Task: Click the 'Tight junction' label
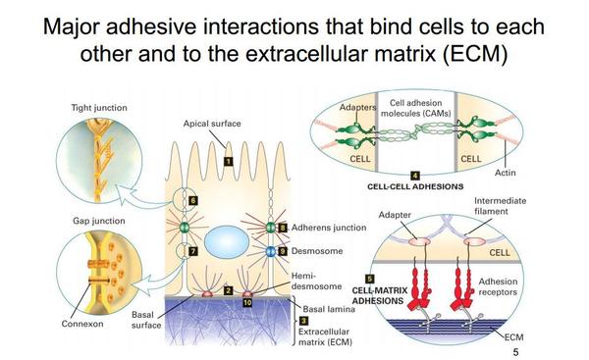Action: (99, 108)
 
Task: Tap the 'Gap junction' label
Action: (99, 221)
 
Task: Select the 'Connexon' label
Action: (82, 324)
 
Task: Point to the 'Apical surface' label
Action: (212, 124)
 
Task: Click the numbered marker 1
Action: (228, 162)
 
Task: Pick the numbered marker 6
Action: (192, 200)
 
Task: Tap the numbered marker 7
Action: (192, 251)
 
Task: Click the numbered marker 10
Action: (247, 302)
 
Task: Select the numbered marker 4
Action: (414, 176)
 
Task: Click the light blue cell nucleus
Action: (227, 241)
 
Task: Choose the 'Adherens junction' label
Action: (329, 228)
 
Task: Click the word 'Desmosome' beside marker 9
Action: (317, 251)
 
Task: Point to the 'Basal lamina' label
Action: (329, 309)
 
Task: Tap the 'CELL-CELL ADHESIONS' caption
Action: (415, 186)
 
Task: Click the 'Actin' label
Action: (505, 173)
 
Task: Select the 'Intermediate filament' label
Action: (500, 206)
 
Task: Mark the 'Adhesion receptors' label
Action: (498, 286)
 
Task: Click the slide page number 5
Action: (515, 352)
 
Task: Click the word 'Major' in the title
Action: (72, 27)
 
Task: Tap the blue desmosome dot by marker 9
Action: (271, 251)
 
